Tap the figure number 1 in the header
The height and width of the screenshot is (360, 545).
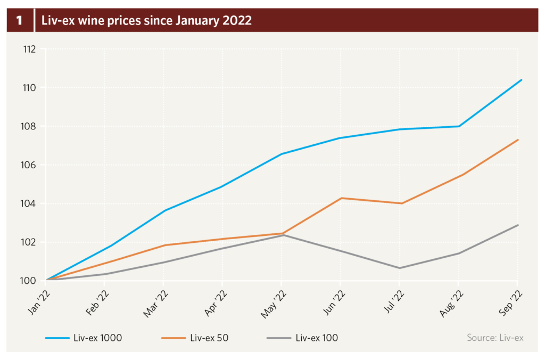20,21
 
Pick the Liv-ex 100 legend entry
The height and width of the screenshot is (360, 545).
302,338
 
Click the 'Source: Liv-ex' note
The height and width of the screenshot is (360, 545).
495,338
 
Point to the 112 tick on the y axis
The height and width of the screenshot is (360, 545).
29,49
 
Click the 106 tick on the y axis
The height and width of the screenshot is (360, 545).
29,165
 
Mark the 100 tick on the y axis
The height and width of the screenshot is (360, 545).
29,281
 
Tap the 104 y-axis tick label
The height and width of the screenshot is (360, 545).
29,204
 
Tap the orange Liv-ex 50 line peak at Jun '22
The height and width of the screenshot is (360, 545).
341,198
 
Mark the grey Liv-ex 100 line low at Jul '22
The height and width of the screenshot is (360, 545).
399,268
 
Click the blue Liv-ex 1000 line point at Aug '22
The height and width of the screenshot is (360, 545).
458,126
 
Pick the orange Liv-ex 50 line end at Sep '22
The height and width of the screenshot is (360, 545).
518,140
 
